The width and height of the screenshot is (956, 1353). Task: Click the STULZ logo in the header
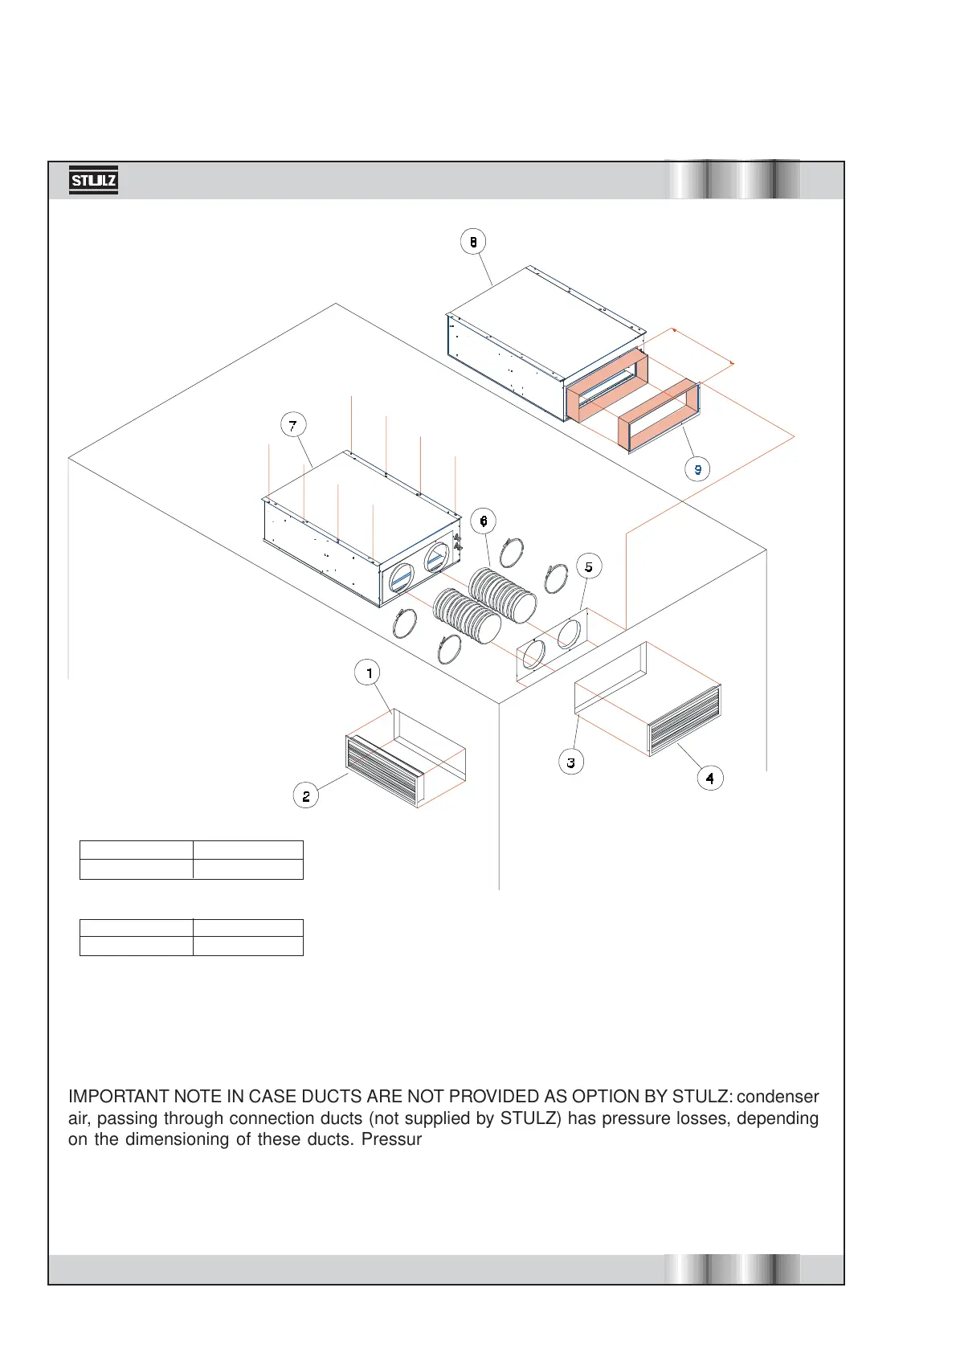(x=93, y=181)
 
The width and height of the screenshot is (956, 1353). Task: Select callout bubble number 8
(x=473, y=241)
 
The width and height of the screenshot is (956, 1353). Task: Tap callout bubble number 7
(x=292, y=425)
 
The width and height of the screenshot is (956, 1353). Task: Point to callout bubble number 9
(x=697, y=469)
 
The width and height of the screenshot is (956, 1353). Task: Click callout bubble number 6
(x=483, y=521)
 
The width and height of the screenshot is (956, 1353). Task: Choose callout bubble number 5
(x=588, y=566)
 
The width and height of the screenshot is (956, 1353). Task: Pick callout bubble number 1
(x=368, y=672)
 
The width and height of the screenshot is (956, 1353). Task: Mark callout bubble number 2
(x=306, y=796)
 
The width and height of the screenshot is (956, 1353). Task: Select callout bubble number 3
(x=570, y=762)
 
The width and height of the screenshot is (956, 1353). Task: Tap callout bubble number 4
(x=709, y=778)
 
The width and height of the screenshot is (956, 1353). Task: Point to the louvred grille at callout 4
(x=684, y=719)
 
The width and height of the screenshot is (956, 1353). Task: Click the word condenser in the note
(x=778, y=1097)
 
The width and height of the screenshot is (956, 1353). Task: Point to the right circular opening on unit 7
(x=437, y=557)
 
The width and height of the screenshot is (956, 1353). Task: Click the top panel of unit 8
(x=546, y=321)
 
